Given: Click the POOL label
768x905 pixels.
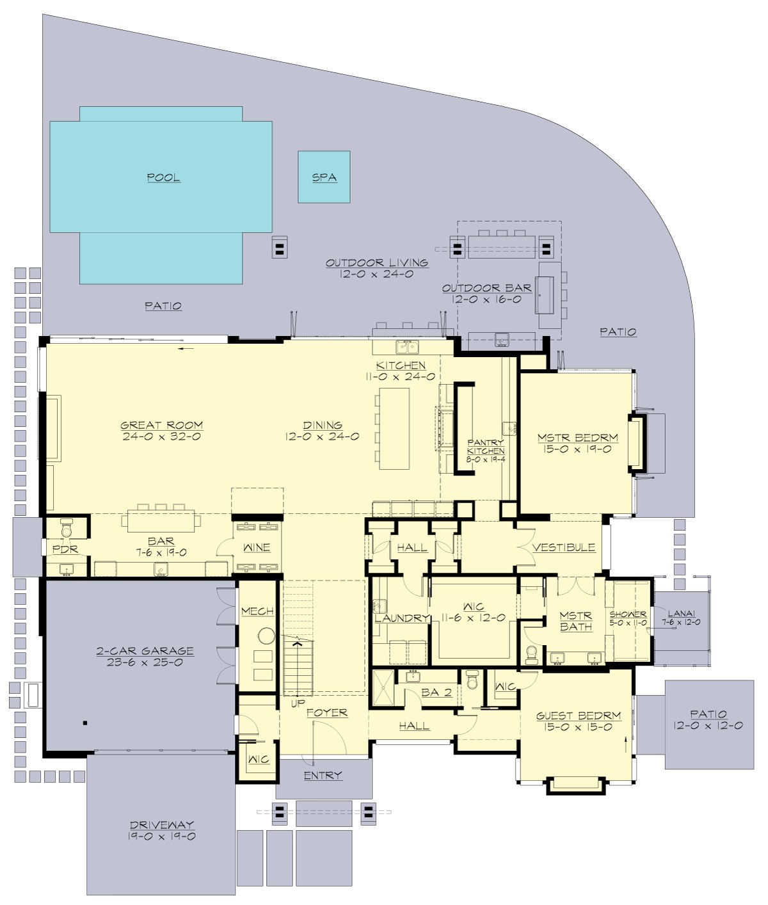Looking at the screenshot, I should [x=163, y=177].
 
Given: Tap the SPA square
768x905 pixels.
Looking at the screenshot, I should [x=324, y=177].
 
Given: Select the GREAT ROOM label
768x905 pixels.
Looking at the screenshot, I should [x=162, y=425].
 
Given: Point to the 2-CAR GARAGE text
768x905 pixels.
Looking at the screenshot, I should [x=145, y=651].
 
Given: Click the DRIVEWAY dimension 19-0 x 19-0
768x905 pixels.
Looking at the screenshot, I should [x=162, y=837].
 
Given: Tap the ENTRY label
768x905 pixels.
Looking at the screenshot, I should [x=323, y=775].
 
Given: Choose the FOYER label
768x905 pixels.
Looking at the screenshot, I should [x=326, y=712].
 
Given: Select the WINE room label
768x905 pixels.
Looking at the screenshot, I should [x=257, y=547].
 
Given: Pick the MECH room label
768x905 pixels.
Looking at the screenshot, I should [x=258, y=611].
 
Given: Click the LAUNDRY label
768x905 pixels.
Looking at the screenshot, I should [x=402, y=618].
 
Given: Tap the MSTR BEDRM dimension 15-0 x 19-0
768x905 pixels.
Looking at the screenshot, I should [x=578, y=449].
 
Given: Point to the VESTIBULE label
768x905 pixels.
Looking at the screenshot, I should [x=564, y=547].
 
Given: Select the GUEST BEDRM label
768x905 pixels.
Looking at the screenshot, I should [x=579, y=716].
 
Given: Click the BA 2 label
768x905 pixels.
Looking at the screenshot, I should [x=437, y=692].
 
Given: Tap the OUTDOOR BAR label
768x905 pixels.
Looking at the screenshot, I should [x=487, y=288].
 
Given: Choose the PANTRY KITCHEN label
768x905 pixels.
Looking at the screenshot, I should [x=486, y=446].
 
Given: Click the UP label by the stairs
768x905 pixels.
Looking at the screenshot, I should [x=298, y=703].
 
